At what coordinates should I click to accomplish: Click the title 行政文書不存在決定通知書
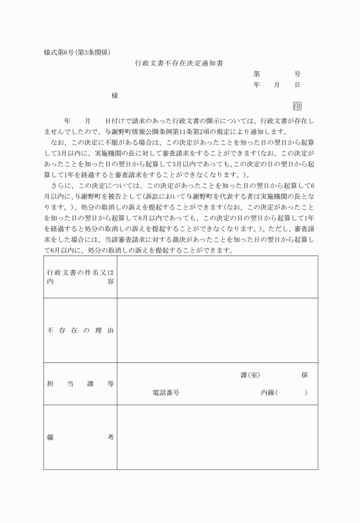(179, 63)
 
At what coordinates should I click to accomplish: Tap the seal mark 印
(297, 106)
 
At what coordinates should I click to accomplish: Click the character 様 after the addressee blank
(115, 95)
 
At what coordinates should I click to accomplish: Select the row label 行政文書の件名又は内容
(80, 277)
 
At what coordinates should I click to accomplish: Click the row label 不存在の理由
(80, 331)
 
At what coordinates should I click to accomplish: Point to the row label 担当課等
(80, 384)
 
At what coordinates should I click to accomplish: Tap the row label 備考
(80, 437)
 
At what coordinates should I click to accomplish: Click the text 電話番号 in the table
(166, 393)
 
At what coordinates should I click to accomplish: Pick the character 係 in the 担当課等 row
(305, 375)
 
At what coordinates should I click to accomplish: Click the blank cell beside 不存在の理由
(217, 330)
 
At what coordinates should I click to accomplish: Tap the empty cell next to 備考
(217, 437)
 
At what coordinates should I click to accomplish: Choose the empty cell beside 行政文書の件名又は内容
(217, 277)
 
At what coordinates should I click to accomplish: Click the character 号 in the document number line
(297, 74)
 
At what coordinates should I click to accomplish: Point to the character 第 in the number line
(257, 74)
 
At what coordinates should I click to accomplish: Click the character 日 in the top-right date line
(297, 85)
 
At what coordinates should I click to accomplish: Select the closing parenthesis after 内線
(306, 393)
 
